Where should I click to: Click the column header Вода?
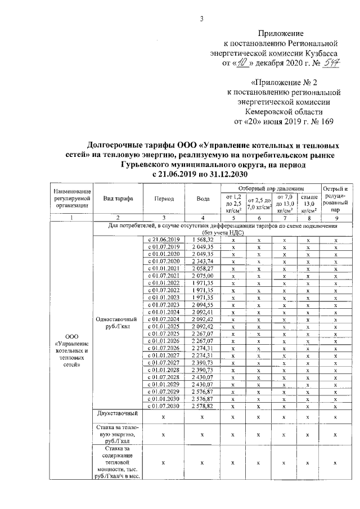pyautogui.click(x=203, y=199)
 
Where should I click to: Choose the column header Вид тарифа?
pyautogui.click(x=117, y=199)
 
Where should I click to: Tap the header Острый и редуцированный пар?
pyautogui.click(x=335, y=199)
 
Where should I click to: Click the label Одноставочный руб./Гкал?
pyautogui.click(x=117, y=322)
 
